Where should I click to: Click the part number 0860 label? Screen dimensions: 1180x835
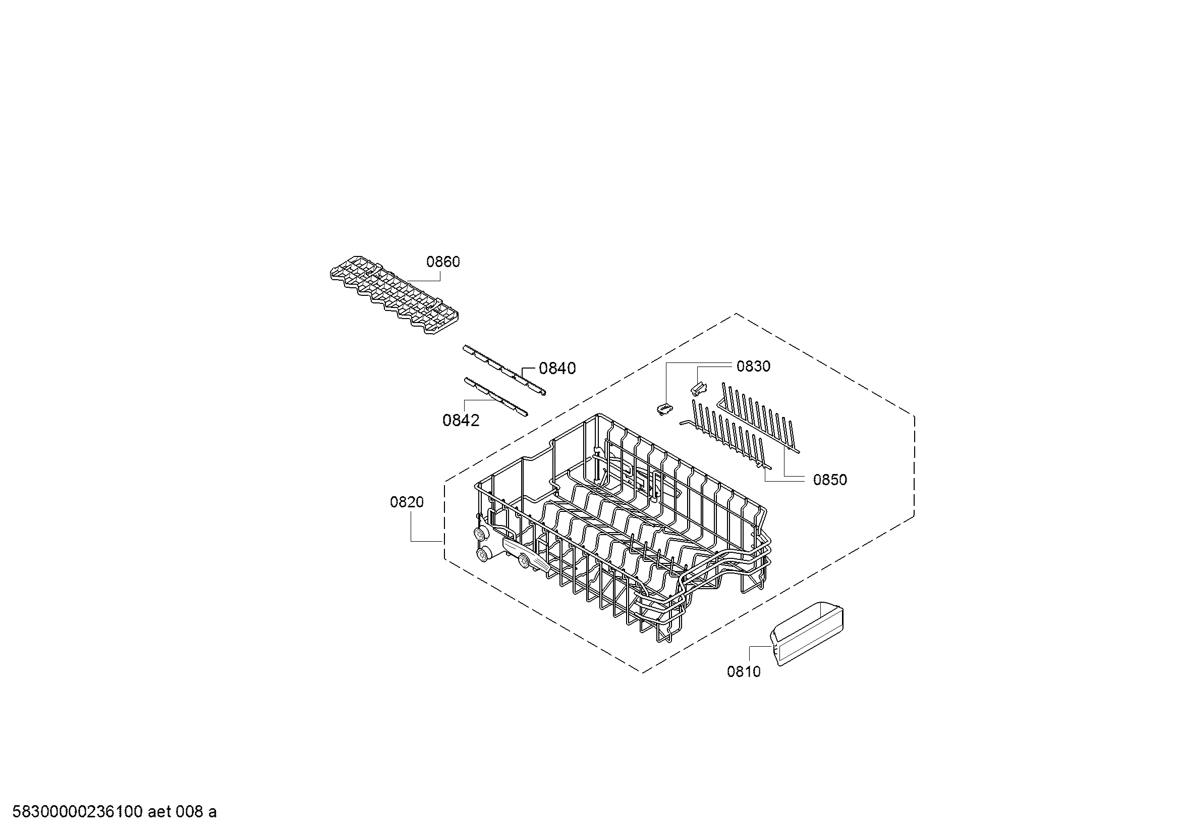click(443, 262)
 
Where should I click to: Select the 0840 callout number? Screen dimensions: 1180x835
click(557, 368)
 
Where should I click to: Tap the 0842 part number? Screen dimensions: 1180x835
click(461, 421)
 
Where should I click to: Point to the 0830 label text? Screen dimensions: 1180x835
click(753, 367)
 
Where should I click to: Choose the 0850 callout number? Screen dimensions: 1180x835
click(829, 480)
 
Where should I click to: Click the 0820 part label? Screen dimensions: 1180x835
click(407, 502)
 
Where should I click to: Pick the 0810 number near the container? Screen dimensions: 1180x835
click(744, 671)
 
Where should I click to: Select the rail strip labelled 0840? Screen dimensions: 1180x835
click(503, 370)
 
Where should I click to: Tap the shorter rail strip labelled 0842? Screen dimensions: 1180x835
click(495, 397)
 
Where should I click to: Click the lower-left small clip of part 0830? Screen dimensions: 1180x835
click(664, 409)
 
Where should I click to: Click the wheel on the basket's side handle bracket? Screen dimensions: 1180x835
click(523, 560)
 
